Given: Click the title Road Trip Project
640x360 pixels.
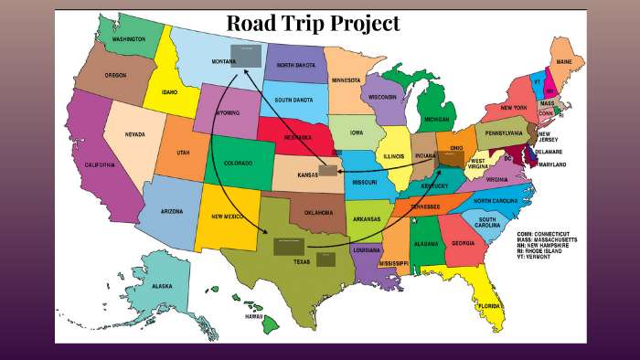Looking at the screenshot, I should coord(313,24).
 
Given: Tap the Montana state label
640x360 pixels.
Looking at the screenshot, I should coord(224,60).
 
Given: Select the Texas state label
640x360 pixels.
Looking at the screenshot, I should coord(301,261).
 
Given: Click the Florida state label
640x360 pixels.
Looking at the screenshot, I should coord(489,306).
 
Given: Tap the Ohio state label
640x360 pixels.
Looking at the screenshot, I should coord(456,148).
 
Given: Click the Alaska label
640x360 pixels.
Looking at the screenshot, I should coord(162,286).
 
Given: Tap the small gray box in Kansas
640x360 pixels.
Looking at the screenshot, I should coord(327,170).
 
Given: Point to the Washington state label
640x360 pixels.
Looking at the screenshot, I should coord(129,40).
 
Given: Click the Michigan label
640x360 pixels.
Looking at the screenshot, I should coord(437,120).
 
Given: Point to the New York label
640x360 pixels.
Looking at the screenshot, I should coord(514,108).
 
